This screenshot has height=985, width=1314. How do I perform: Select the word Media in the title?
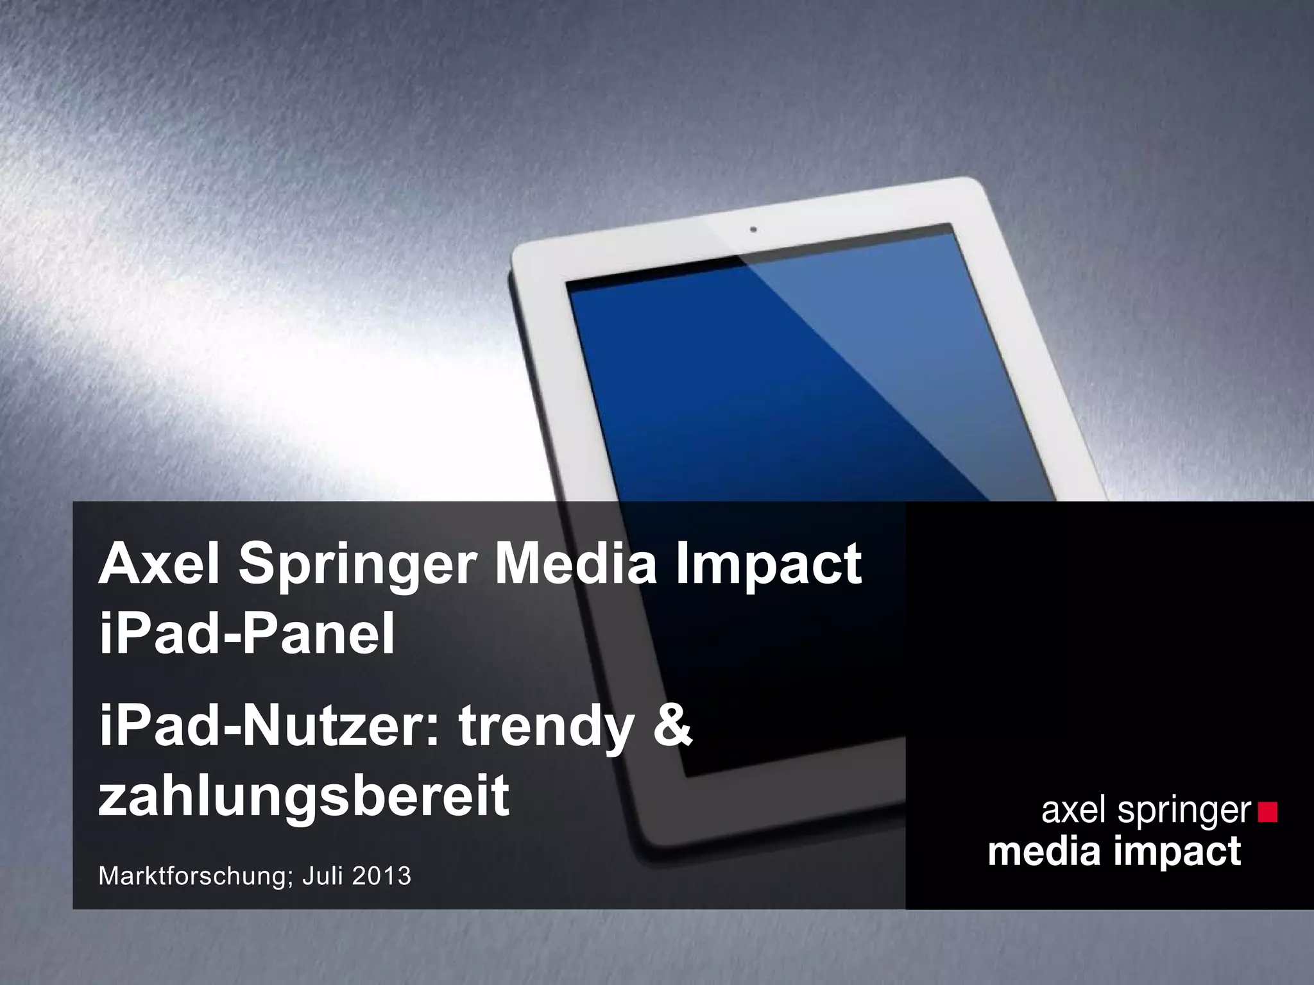[x=573, y=564]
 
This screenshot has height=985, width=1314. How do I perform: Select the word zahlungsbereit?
[x=303, y=796]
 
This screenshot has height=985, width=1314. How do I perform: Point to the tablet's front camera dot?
[x=753, y=229]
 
